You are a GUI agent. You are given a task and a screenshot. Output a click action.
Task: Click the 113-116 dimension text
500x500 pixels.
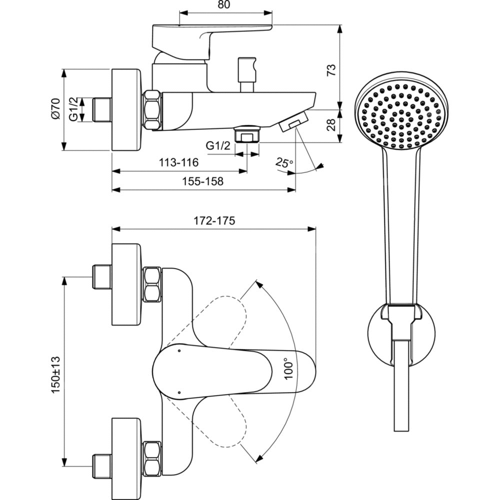(179, 162)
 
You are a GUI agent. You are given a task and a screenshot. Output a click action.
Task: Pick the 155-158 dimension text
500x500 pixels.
(202, 181)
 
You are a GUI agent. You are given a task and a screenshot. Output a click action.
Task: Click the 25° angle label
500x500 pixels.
(284, 163)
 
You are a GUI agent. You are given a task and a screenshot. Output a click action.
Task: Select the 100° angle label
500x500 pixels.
(288, 369)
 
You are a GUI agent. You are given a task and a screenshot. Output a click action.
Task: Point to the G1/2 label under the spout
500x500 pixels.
(218, 146)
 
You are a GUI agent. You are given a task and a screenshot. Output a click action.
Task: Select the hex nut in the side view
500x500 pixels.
(153, 109)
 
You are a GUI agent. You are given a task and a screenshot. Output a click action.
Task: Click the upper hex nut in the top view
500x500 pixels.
(152, 284)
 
